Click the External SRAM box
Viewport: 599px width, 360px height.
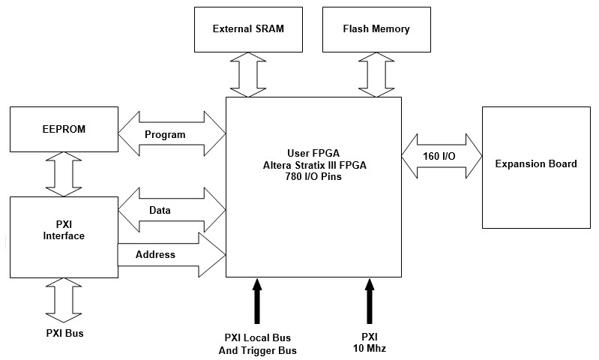click(x=248, y=29)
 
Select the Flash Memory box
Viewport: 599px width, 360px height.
click(x=376, y=29)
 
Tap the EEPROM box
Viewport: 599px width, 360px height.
click(x=64, y=129)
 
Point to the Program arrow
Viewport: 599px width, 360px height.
click(x=172, y=135)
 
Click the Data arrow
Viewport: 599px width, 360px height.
click(x=172, y=211)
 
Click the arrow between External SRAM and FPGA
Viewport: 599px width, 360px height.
click(x=248, y=73)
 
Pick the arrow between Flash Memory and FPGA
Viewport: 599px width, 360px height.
click(x=376, y=73)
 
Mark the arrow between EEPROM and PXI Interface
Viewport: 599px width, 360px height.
click(x=64, y=173)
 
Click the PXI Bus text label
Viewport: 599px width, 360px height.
click(x=64, y=333)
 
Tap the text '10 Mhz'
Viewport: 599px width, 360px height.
click(x=370, y=349)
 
